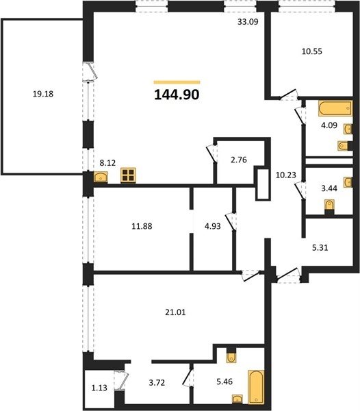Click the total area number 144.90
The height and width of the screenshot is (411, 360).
coord(177,95)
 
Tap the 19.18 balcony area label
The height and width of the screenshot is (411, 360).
coord(43,94)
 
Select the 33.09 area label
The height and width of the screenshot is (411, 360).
coord(248,22)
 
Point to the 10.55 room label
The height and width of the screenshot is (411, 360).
coord(312,51)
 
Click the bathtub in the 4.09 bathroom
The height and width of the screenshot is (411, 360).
coord(335,108)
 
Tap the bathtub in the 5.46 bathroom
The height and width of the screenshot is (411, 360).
coord(256,387)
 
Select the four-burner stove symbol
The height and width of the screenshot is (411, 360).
coord(128,175)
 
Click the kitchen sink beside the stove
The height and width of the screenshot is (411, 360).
coord(101,177)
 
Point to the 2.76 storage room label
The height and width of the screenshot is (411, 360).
coord(238,160)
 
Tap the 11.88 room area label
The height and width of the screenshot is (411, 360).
coord(142,226)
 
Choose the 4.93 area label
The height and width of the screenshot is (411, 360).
coord(213,226)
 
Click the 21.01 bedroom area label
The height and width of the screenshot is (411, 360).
coord(175,312)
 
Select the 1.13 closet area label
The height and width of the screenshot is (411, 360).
coord(99,388)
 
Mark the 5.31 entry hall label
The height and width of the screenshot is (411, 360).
coord(320,247)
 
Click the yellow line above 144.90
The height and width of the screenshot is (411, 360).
coord(177,82)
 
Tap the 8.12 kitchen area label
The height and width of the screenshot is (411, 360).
coord(107,163)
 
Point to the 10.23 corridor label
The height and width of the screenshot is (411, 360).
coord(286,175)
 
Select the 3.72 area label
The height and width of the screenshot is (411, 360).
coord(157,383)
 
